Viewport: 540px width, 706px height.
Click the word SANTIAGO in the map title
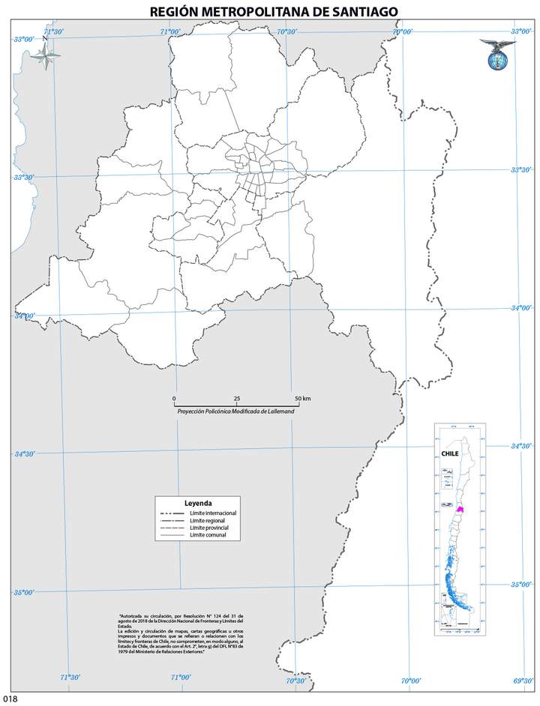358,10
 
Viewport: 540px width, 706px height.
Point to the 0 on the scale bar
174,397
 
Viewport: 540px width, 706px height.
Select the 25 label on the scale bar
237,397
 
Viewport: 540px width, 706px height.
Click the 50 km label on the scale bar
301,397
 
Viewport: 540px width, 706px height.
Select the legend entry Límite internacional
213,513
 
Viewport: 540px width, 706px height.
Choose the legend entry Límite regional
208,521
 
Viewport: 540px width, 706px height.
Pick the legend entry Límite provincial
210,528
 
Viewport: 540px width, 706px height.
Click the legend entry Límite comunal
208,536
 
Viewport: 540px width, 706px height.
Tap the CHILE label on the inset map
450,453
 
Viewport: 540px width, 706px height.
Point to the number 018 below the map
9,699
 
